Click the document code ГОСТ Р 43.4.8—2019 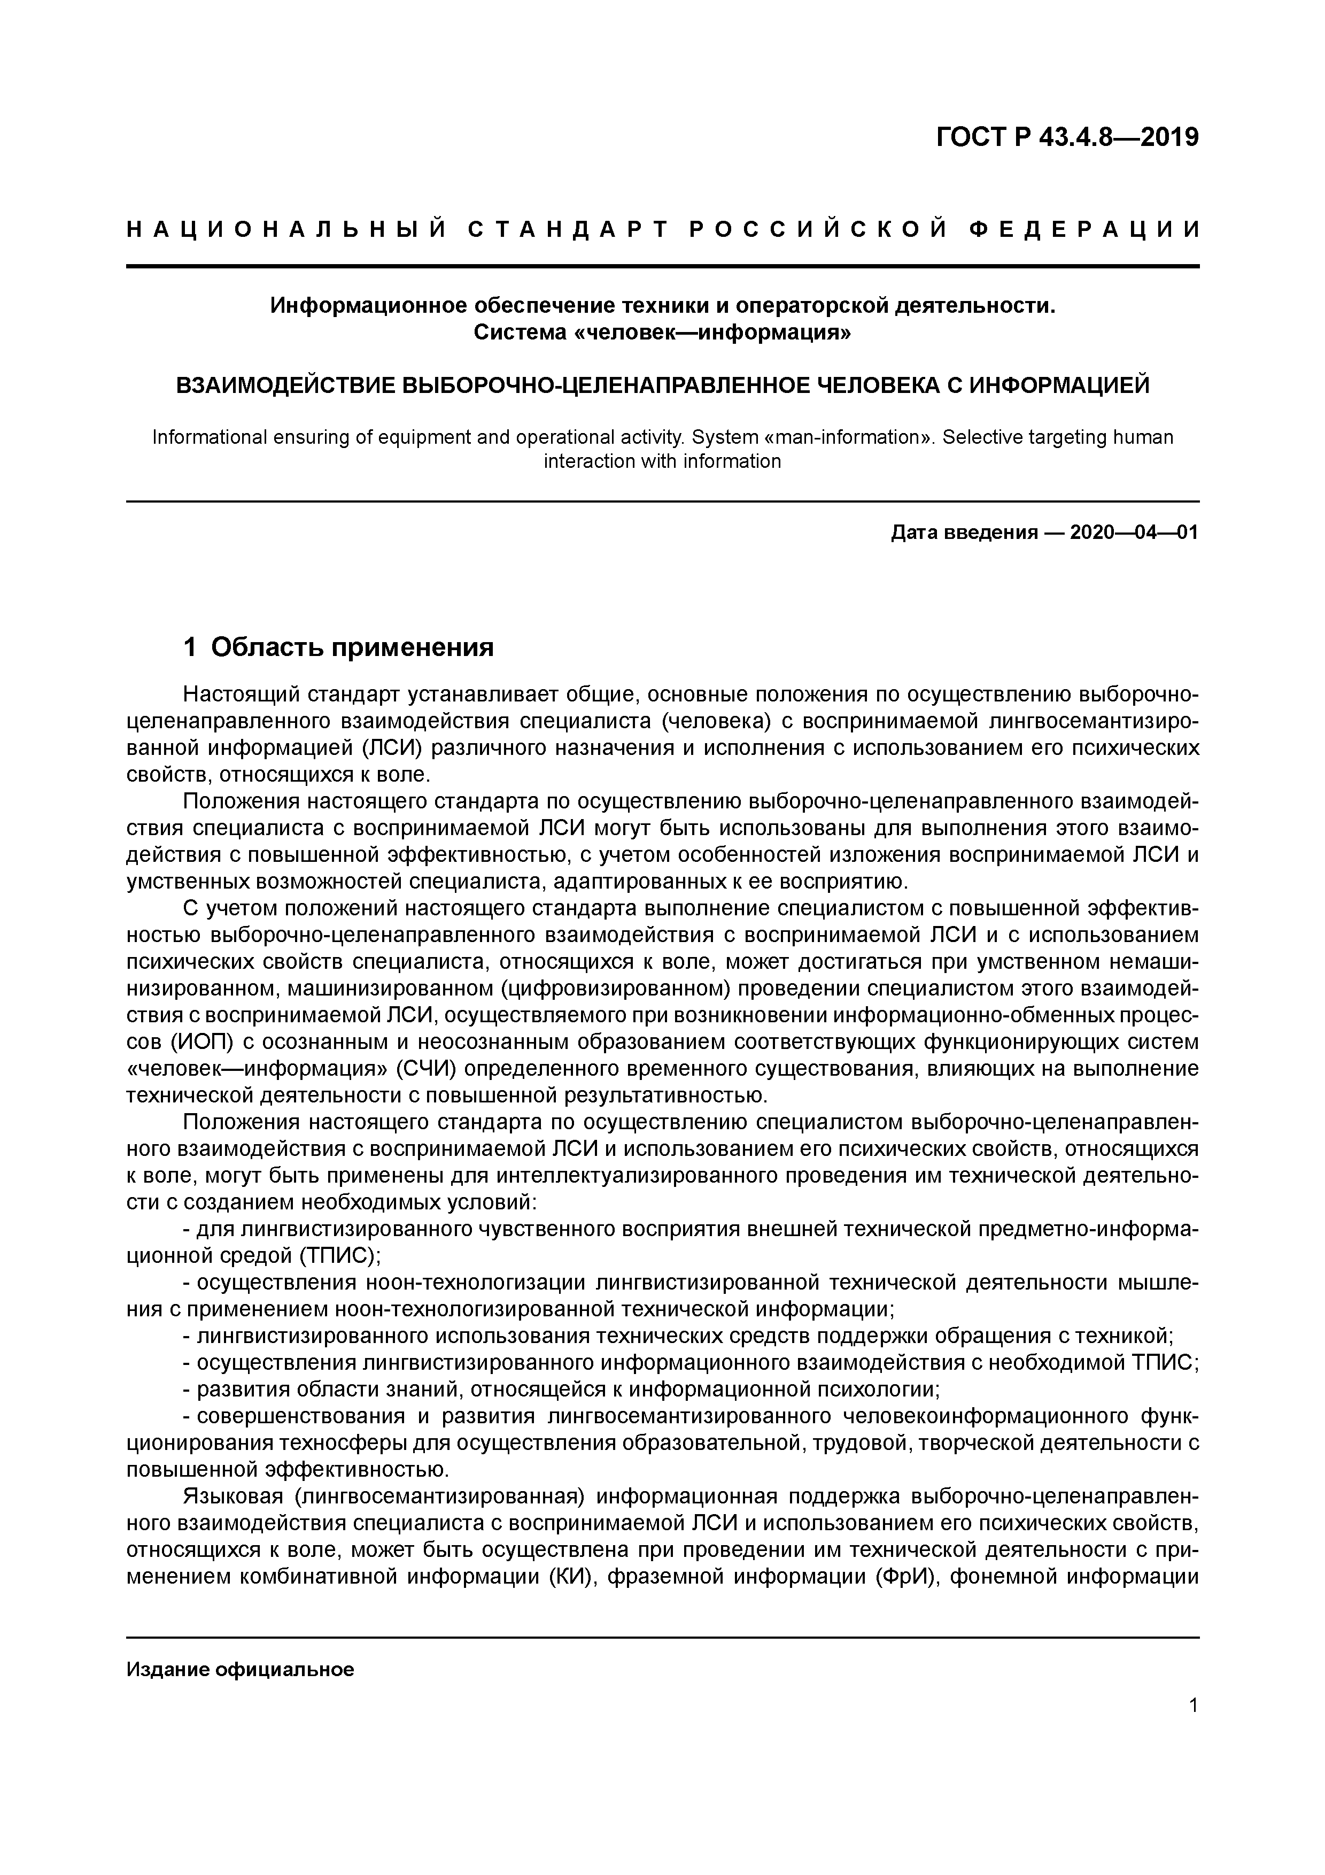[1067, 137]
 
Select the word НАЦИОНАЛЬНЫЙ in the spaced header [286, 229]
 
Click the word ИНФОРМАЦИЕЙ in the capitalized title [1058, 384]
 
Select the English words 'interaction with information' [662, 461]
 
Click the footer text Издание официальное [240, 1669]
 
